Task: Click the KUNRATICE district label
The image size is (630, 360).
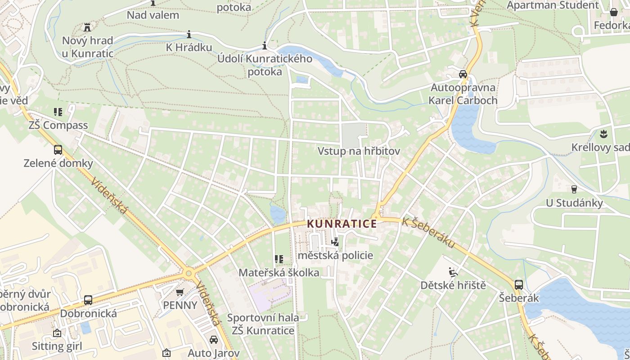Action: [x=342, y=224]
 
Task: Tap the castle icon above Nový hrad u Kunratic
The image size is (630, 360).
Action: [x=87, y=27]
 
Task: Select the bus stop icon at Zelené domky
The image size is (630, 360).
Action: [x=58, y=150]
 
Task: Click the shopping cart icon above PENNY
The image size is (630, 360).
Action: [x=180, y=292]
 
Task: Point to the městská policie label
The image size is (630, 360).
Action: [x=335, y=256]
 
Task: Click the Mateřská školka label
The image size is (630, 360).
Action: [x=279, y=273]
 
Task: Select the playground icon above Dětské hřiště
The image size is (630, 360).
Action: [x=453, y=272]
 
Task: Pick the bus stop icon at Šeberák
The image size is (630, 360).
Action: [x=519, y=284]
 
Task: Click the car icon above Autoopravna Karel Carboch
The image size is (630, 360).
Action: [x=463, y=74]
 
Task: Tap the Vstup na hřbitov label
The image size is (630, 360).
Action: [x=359, y=151]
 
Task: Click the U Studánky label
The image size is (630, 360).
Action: [x=574, y=203]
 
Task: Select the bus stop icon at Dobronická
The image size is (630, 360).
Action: [x=88, y=300]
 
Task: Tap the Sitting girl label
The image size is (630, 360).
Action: [x=57, y=346]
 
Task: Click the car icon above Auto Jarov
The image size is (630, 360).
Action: [x=214, y=340]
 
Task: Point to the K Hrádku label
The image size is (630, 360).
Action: [x=189, y=47]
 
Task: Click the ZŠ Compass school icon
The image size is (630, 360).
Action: [x=58, y=112]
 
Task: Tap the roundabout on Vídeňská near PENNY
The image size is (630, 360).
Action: [x=189, y=273]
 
